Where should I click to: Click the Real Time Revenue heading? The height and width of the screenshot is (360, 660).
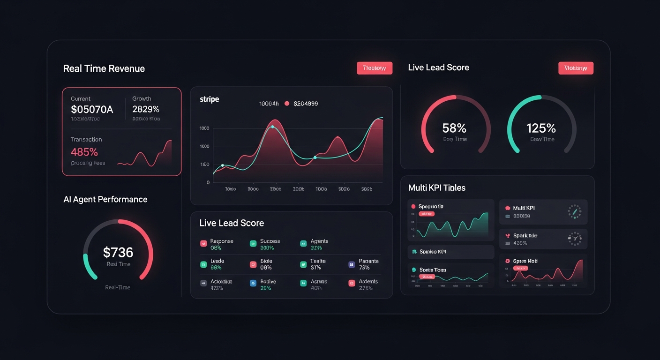[x=104, y=68]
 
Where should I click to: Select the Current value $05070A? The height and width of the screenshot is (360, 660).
[x=92, y=110]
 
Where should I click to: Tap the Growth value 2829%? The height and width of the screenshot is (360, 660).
[x=146, y=109]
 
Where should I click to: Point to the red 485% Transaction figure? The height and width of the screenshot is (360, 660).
[x=84, y=152]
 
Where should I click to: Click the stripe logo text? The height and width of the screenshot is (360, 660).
[x=209, y=99]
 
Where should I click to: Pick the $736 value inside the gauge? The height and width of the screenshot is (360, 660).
[x=118, y=253]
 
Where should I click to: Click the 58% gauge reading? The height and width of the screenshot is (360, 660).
[x=454, y=128]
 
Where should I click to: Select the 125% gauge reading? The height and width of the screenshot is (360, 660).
[x=541, y=128]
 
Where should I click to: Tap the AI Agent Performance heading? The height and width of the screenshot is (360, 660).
[x=105, y=199]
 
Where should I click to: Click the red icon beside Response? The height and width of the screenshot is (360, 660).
[x=203, y=243]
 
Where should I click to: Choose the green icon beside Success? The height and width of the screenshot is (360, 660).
[x=253, y=243]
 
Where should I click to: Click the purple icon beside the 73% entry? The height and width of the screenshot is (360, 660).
[x=352, y=264]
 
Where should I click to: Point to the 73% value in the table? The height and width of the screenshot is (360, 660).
[x=364, y=268]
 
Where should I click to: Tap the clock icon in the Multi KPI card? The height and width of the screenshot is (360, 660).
[x=574, y=211]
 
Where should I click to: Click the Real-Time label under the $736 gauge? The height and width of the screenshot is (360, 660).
[x=118, y=287]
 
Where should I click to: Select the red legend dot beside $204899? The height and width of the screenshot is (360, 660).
[x=287, y=104]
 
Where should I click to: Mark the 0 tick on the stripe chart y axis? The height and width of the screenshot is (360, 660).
[x=208, y=182]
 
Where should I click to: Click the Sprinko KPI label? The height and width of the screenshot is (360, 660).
[x=432, y=252]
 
